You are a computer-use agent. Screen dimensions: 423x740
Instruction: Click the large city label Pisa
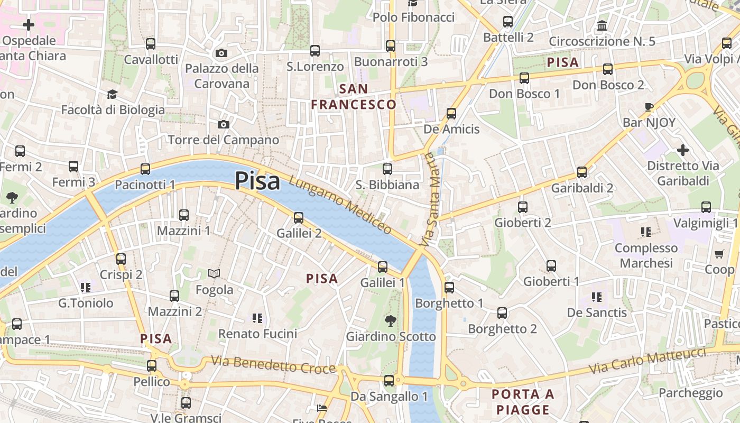tap(257, 181)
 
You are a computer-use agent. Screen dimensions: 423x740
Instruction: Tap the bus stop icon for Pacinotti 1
tap(145, 169)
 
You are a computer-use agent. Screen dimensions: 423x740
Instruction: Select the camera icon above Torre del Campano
tap(224, 124)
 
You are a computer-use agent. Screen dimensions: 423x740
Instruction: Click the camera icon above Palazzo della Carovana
tap(221, 53)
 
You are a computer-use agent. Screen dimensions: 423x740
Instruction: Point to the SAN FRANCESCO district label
tap(354, 97)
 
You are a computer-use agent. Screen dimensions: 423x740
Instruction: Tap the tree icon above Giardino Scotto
tap(391, 320)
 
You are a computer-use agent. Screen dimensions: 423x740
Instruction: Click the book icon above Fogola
tap(214, 273)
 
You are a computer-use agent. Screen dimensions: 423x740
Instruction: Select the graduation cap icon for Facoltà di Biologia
tap(112, 94)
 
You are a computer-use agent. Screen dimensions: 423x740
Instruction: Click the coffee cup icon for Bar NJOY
tap(649, 107)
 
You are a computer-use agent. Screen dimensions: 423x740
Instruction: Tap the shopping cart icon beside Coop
tap(719, 254)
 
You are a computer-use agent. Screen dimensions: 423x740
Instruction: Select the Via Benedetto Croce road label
tap(273, 364)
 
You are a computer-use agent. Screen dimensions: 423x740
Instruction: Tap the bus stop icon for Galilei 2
tap(299, 217)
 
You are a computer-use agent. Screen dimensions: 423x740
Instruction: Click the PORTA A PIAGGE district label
tap(523, 402)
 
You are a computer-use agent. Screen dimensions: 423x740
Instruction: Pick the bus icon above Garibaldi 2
tap(582, 172)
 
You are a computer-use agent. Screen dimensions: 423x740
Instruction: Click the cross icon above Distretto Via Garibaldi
tap(683, 150)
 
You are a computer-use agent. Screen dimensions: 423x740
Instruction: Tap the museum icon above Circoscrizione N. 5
tap(602, 25)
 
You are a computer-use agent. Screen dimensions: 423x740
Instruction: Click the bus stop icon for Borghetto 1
tap(449, 287)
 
